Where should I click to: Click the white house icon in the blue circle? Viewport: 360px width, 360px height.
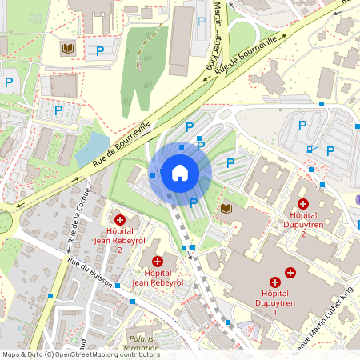coord(180,173)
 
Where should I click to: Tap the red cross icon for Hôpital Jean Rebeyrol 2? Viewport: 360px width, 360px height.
coord(119,219)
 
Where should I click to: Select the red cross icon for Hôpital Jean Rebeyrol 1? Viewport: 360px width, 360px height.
coord(158,262)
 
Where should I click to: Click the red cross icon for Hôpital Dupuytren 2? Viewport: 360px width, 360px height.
coord(303,205)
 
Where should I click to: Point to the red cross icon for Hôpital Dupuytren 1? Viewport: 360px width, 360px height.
coord(275,282)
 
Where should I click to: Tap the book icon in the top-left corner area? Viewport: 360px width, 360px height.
coord(68,50)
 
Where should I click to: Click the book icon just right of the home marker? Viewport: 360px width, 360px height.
coord(226,209)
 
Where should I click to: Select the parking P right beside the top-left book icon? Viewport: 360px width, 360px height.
coord(100,50)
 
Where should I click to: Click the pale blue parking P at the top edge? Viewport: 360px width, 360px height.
coord(201,22)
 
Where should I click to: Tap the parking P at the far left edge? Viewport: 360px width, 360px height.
coord(9,82)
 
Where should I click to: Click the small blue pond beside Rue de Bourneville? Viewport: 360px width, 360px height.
coord(96,144)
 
